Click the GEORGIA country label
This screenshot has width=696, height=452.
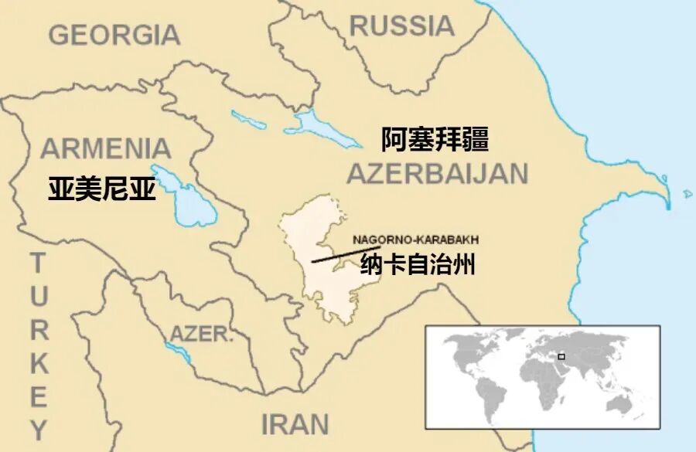pyautogui.click(x=114, y=35)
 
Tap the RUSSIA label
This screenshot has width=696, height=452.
pyautogui.click(x=401, y=25)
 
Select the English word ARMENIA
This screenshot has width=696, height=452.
pyautogui.click(x=106, y=148)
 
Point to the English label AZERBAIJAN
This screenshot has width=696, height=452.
pyautogui.click(x=437, y=174)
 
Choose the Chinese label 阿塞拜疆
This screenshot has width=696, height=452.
pyautogui.click(x=435, y=140)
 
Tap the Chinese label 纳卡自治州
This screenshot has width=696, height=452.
pyautogui.click(x=418, y=266)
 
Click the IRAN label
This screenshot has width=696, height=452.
pyautogui.click(x=295, y=424)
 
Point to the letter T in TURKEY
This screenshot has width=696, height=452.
pyautogui.click(x=38, y=264)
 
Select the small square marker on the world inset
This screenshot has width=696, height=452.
pyautogui.click(x=561, y=356)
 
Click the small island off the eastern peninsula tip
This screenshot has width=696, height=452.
pyautogui.click(x=687, y=193)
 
